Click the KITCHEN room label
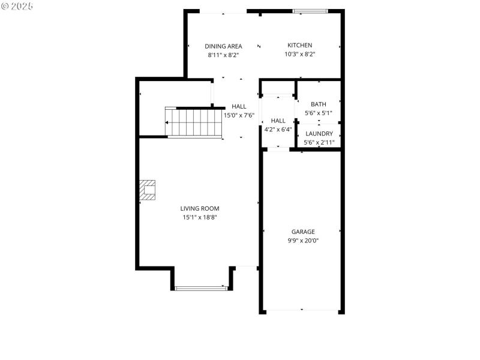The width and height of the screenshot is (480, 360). tap(299, 46)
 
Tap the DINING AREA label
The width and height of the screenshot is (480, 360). tap(223, 46)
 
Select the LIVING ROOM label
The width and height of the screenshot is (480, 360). tap(200, 209)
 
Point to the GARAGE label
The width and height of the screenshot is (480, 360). tap(303, 232)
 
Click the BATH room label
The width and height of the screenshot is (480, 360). tap(319, 104)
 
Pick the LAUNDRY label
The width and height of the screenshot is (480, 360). tap(319, 134)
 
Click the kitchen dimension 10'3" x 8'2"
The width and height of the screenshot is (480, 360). tap(299, 54)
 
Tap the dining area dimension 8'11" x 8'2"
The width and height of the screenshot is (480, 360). tap(223, 55)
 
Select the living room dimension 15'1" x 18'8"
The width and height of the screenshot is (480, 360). tap(200, 217)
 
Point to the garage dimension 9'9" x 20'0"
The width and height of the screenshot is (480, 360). tap(303, 240)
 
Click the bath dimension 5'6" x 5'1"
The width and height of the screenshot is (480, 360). tap(319, 113)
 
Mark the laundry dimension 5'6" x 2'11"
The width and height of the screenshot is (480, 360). tap(319, 142)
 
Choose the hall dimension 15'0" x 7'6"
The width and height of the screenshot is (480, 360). tap(239, 115)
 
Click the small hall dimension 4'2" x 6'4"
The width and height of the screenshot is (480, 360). tap(278, 129)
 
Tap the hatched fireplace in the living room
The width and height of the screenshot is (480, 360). tap(148, 190)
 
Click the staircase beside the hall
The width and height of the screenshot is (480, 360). tap(193, 122)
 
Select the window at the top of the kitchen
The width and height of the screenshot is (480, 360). tap(310, 11)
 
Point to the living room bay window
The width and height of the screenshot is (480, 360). tap(202, 289)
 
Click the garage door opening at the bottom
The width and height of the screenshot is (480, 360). tap(302, 311)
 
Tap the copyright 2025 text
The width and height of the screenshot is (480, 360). tap(17, 6)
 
